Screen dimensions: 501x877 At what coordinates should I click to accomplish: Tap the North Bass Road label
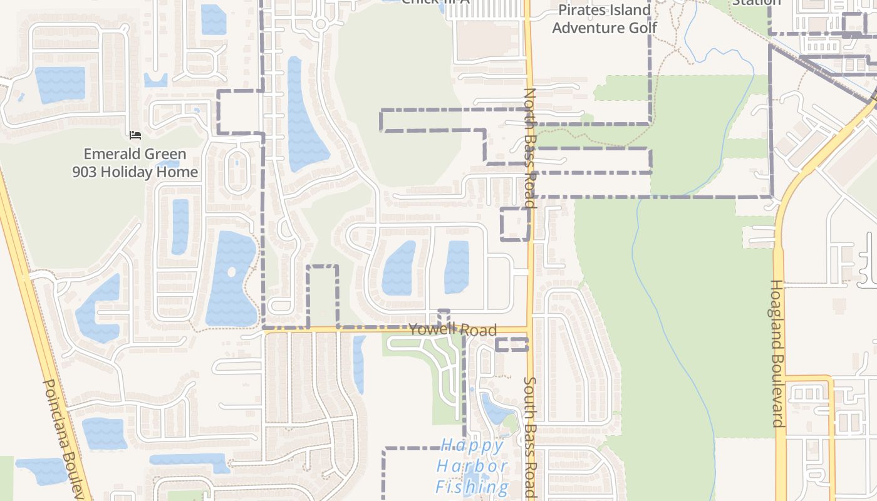pyautogui.click(x=530, y=148)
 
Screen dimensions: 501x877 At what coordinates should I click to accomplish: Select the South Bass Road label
pyautogui.click(x=530, y=437)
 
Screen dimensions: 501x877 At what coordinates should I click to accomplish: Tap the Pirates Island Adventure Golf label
pyautogui.click(x=605, y=19)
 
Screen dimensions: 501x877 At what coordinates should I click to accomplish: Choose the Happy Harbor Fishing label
pyautogui.click(x=473, y=466)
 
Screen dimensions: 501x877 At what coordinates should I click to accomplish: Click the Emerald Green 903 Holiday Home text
pyautogui.click(x=135, y=163)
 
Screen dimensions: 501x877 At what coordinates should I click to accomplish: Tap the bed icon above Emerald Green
pyautogui.click(x=135, y=135)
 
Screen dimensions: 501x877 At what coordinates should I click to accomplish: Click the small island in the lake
pyautogui.click(x=231, y=272)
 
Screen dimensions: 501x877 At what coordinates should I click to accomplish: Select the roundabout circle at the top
pyautogui.click(x=321, y=24)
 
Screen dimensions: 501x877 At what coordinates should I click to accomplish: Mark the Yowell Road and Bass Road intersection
pyautogui.click(x=530, y=329)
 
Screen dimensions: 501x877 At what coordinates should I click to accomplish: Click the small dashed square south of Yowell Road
pyautogui.click(x=512, y=344)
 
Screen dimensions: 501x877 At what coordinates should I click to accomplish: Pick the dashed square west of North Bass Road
pyautogui.click(x=515, y=224)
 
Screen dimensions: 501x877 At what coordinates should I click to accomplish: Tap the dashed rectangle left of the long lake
pyautogui.click(x=240, y=111)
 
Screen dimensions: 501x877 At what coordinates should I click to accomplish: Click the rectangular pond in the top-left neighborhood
pyautogui.click(x=60, y=85)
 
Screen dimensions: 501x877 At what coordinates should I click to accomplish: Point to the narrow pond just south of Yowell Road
pyautogui.click(x=359, y=363)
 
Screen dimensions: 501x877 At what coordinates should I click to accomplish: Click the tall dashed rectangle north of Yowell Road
pyautogui.click(x=323, y=296)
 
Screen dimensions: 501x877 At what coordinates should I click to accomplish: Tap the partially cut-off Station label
pyautogui.click(x=757, y=3)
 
